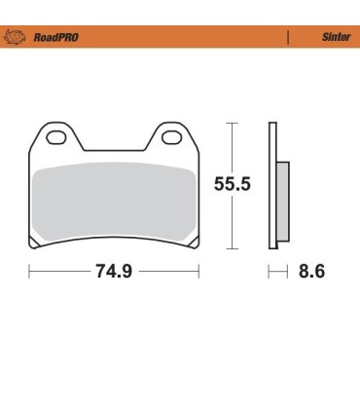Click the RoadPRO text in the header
(55, 37)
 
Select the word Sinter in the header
(334, 37)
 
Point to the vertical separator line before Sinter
(289, 37)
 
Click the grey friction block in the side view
(282, 199)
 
